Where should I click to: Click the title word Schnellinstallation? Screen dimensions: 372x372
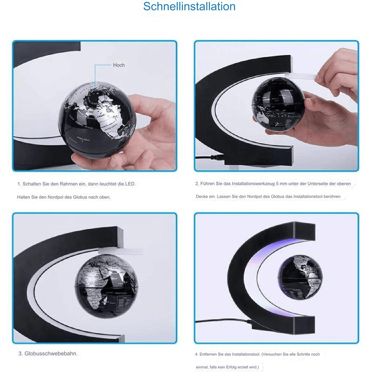coord(190,7)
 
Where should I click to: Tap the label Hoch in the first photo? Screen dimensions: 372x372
coord(119,66)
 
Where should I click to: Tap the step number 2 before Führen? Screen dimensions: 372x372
coord(196,184)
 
